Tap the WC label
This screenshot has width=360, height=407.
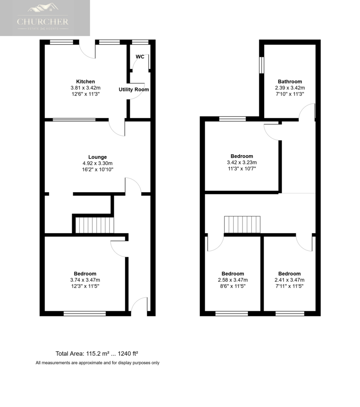click(140, 56)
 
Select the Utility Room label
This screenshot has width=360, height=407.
click(134, 89)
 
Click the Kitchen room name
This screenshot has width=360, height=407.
click(86, 81)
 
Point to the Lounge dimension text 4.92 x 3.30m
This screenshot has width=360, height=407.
click(97, 163)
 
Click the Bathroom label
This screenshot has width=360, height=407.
click(290, 81)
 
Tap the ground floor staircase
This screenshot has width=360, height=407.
click(95, 225)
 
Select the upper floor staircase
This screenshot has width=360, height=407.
click(242, 225)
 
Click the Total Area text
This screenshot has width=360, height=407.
click(97, 353)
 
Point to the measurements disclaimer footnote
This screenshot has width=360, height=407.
click(97, 363)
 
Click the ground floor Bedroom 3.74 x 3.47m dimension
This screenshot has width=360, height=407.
click(85, 280)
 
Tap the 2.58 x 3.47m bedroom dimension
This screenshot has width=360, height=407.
click(233, 280)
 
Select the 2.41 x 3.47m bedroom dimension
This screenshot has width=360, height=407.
click(289, 280)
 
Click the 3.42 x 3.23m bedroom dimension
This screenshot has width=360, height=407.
click(242, 163)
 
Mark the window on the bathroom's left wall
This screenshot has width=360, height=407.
click(262, 65)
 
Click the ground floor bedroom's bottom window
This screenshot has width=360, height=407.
click(85, 314)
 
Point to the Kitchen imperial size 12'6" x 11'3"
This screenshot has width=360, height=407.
click(86, 94)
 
